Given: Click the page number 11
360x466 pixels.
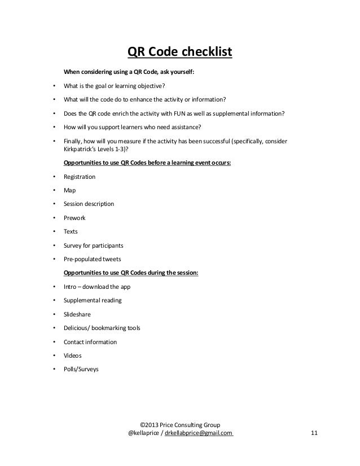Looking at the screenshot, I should (315, 433).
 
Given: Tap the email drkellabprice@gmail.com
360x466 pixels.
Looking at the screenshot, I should (199, 433).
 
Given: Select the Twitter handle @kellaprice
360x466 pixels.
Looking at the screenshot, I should (144, 433).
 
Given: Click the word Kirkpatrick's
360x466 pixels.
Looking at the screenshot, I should (82, 150).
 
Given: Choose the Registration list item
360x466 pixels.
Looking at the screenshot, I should (80, 177).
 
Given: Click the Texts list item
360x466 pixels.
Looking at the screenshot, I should (71, 231).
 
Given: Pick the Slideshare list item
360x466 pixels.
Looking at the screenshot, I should (77, 314).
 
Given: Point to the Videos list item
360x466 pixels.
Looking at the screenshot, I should (73, 355).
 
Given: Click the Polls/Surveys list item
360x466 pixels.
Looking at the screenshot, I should (81, 370).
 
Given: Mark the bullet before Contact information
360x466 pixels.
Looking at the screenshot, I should (54, 342).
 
